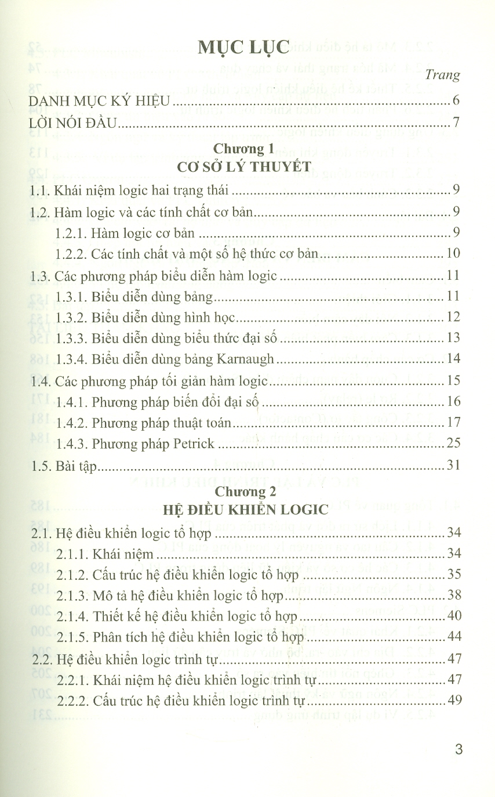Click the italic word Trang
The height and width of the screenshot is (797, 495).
[443, 75]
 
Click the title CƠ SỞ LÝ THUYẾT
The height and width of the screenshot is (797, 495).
[247, 167]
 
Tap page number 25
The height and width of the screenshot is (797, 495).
[453, 444]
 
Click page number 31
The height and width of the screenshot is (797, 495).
[453, 466]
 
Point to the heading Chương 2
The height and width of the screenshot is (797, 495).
[247, 491]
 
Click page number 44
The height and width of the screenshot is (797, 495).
[453, 637]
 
